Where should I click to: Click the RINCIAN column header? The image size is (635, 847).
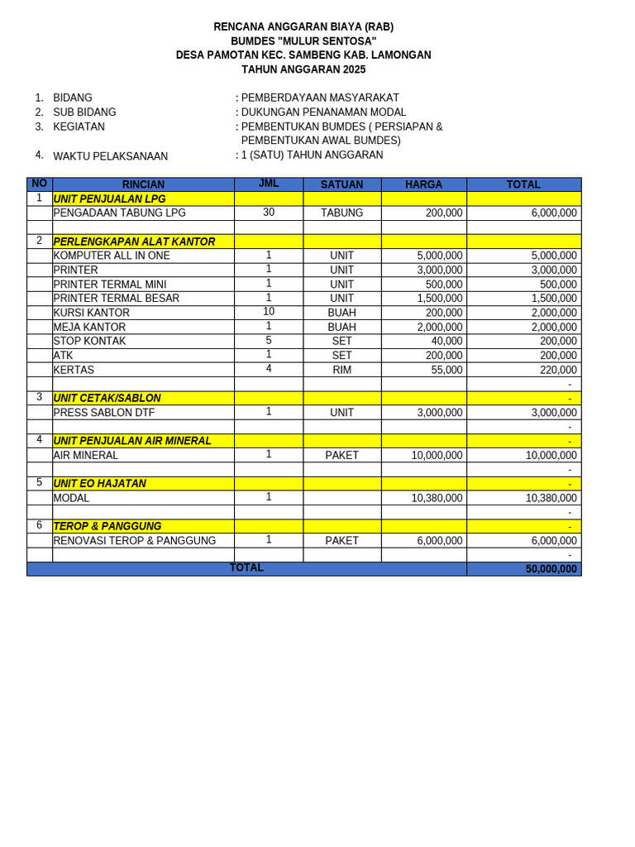click(143, 184)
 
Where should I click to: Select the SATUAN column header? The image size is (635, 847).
click(341, 184)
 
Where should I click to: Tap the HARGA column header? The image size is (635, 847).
click(423, 184)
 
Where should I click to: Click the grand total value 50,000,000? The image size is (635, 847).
click(551, 569)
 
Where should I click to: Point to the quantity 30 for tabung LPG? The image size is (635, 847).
click(269, 213)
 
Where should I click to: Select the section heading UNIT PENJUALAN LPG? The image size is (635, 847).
click(109, 199)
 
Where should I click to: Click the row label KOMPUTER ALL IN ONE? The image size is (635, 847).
click(112, 256)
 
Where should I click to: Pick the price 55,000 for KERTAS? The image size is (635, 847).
click(446, 370)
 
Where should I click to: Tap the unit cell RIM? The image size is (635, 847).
click(341, 370)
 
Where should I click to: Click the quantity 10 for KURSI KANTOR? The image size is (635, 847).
click(269, 312)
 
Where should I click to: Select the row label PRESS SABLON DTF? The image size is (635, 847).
click(104, 413)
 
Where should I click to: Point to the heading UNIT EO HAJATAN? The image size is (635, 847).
click(100, 483)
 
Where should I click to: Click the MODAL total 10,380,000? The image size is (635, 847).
click(551, 498)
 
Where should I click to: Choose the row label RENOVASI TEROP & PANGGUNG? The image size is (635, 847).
click(135, 541)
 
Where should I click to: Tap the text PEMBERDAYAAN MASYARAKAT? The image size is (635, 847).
click(320, 98)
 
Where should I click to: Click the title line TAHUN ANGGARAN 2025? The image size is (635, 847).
click(303, 69)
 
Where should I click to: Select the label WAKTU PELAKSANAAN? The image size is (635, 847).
click(110, 156)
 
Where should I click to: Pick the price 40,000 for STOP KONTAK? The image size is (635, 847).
click(446, 341)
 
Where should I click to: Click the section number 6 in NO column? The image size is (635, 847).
click(39, 525)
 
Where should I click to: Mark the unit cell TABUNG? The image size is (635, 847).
click(341, 213)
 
